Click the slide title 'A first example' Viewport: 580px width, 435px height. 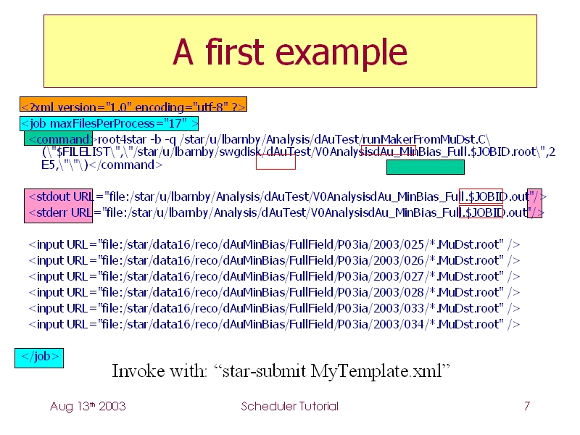[x=290, y=51]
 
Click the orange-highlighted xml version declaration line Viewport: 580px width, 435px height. [x=133, y=104]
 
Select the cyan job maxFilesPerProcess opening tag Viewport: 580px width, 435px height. [x=109, y=123]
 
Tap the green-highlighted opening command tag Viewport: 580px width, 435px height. [x=58, y=138]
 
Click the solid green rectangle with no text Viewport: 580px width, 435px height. [x=426, y=167]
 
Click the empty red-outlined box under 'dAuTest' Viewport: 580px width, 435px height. [x=275, y=162]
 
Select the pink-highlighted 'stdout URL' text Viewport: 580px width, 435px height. [x=61, y=196]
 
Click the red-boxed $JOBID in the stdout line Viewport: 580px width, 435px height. [x=481, y=196]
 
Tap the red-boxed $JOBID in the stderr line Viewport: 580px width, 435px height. [x=481, y=212]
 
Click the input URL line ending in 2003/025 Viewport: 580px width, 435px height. [x=274, y=244]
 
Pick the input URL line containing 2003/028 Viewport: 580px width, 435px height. [x=274, y=292]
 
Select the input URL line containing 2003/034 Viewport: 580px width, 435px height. [x=274, y=324]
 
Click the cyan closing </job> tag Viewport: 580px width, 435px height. [x=39, y=358]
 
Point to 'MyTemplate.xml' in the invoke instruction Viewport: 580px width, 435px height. [x=376, y=371]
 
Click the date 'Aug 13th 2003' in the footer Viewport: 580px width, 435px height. [x=88, y=406]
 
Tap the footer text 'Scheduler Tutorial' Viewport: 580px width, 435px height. [x=289, y=406]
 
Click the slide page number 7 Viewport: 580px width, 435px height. [x=527, y=406]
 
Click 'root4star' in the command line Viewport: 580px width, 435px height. [x=122, y=139]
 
